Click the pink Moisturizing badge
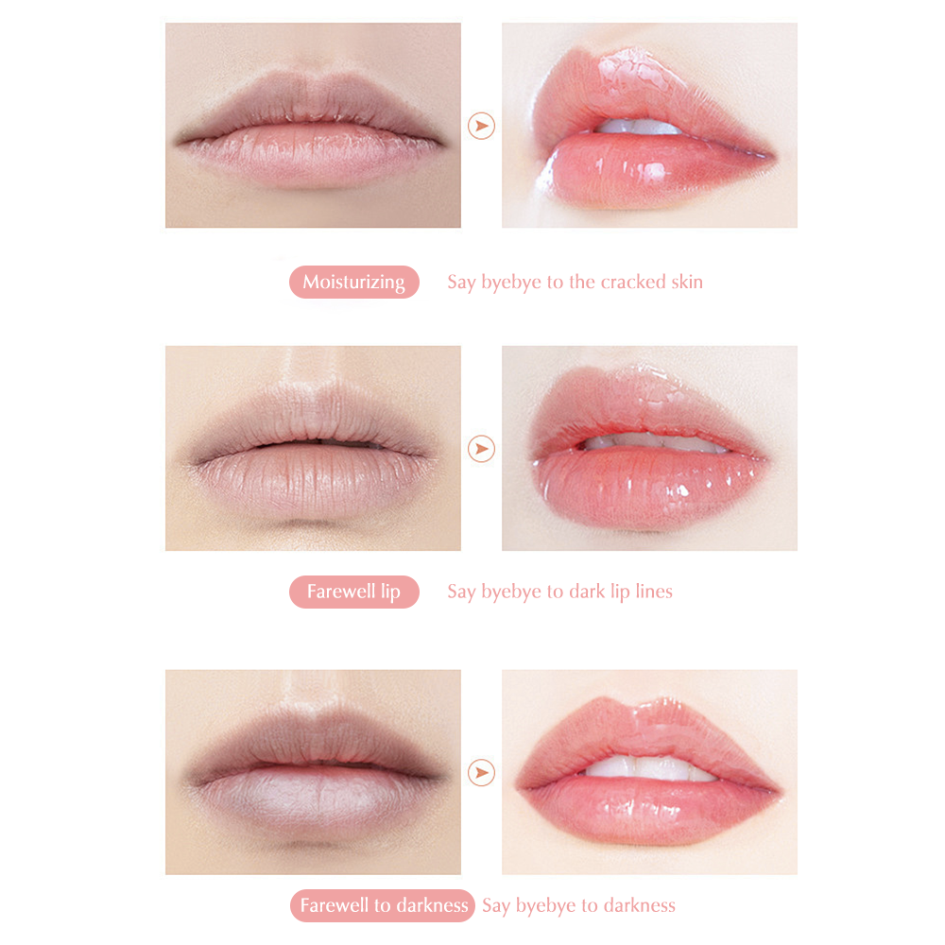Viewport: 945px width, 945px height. pyautogui.click(x=353, y=282)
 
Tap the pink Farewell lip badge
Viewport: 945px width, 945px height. pyautogui.click(x=353, y=592)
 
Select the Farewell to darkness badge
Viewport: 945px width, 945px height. pyautogui.click(x=383, y=905)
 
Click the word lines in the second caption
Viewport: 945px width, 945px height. pyautogui.click(x=654, y=592)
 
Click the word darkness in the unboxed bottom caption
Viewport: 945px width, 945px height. pyautogui.click(x=640, y=905)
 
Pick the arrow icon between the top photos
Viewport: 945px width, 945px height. pyautogui.click(x=481, y=126)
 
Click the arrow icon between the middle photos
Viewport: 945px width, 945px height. pyautogui.click(x=481, y=449)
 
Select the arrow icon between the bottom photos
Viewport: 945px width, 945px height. pyautogui.click(x=481, y=773)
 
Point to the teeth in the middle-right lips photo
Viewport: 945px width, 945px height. pyautogui.click(x=654, y=444)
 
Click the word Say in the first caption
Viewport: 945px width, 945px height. pyautogui.click(x=461, y=283)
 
